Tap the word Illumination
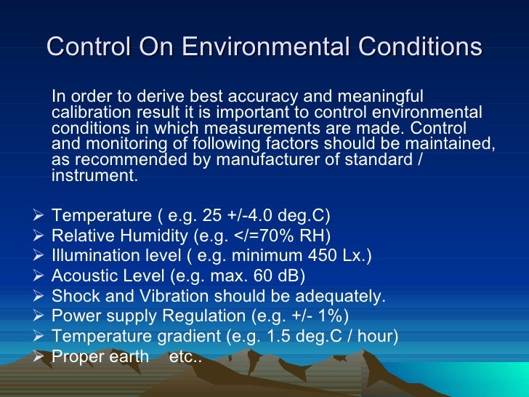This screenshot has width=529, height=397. point(95,256)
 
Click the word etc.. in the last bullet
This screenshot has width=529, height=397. point(185,358)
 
